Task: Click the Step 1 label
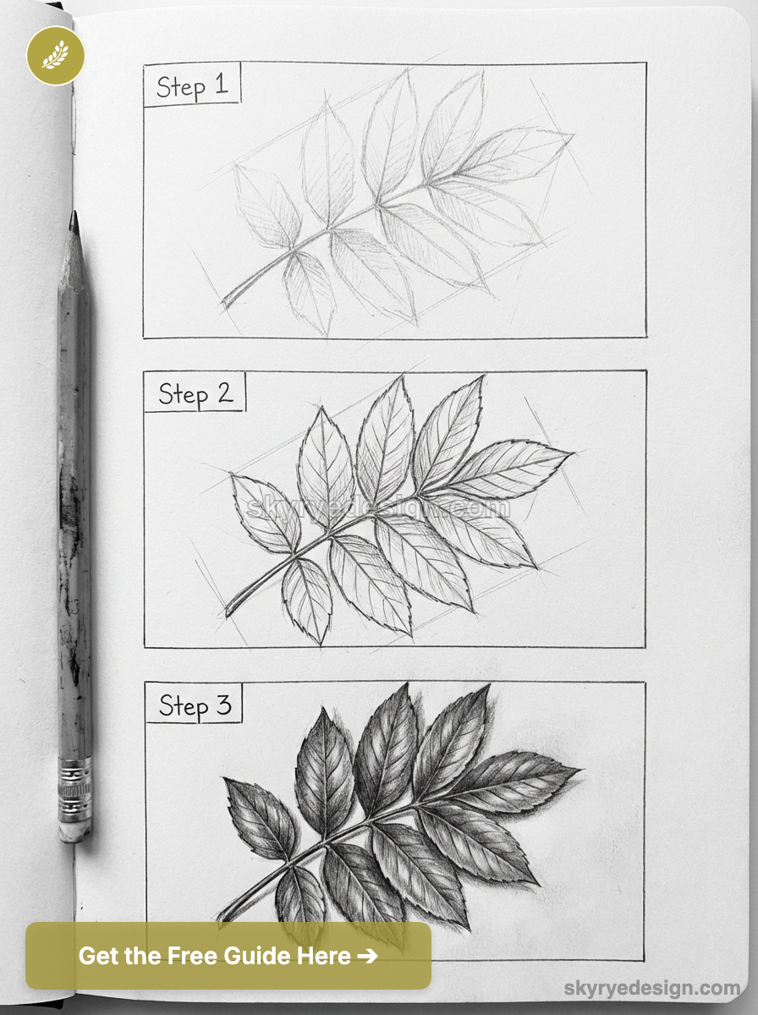[x=192, y=85]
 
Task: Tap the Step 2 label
[x=195, y=393]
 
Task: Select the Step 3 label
[x=195, y=705]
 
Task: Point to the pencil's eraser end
[x=74, y=830]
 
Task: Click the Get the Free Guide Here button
[x=228, y=956]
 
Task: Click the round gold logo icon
[x=55, y=55]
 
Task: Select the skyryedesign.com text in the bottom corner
[x=652, y=988]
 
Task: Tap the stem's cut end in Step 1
[x=225, y=302]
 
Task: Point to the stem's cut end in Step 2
[x=228, y=612]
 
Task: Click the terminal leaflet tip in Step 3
[x=579, y=770]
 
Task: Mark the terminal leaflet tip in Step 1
[x=572, y=134]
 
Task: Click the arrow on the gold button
[x=367, y=956]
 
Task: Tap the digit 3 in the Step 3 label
[x=223, y=705]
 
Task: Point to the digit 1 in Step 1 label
[x=221, y=85]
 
